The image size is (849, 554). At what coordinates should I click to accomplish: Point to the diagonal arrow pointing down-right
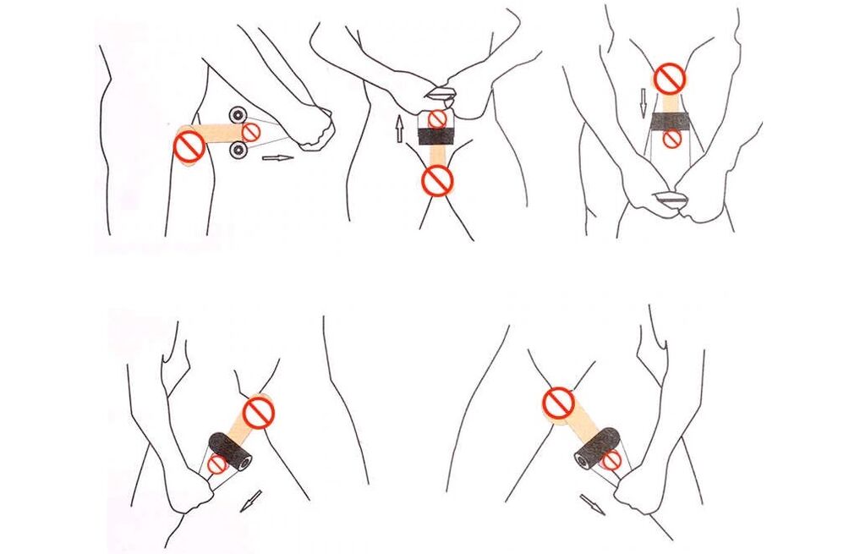coord(593,505)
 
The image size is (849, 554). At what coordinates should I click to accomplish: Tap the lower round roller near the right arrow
coord(238,151)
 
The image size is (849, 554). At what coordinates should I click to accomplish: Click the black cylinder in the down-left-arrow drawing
coord(230,449)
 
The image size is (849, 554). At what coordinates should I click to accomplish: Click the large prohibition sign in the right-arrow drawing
coord(188,147)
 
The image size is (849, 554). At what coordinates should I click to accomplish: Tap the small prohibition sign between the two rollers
coord(251,131)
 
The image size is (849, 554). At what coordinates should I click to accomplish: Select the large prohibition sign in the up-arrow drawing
coord(437,178)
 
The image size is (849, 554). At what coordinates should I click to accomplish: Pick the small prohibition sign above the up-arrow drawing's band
coord(436,118)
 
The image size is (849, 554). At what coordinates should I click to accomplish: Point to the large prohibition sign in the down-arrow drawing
coord(671,80)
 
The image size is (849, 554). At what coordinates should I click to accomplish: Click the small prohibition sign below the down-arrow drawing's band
coord(671,140)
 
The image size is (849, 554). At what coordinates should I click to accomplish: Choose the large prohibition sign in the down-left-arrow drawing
coord(258,413)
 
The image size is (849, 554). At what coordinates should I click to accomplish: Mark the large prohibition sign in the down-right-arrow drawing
coord(558,403)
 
